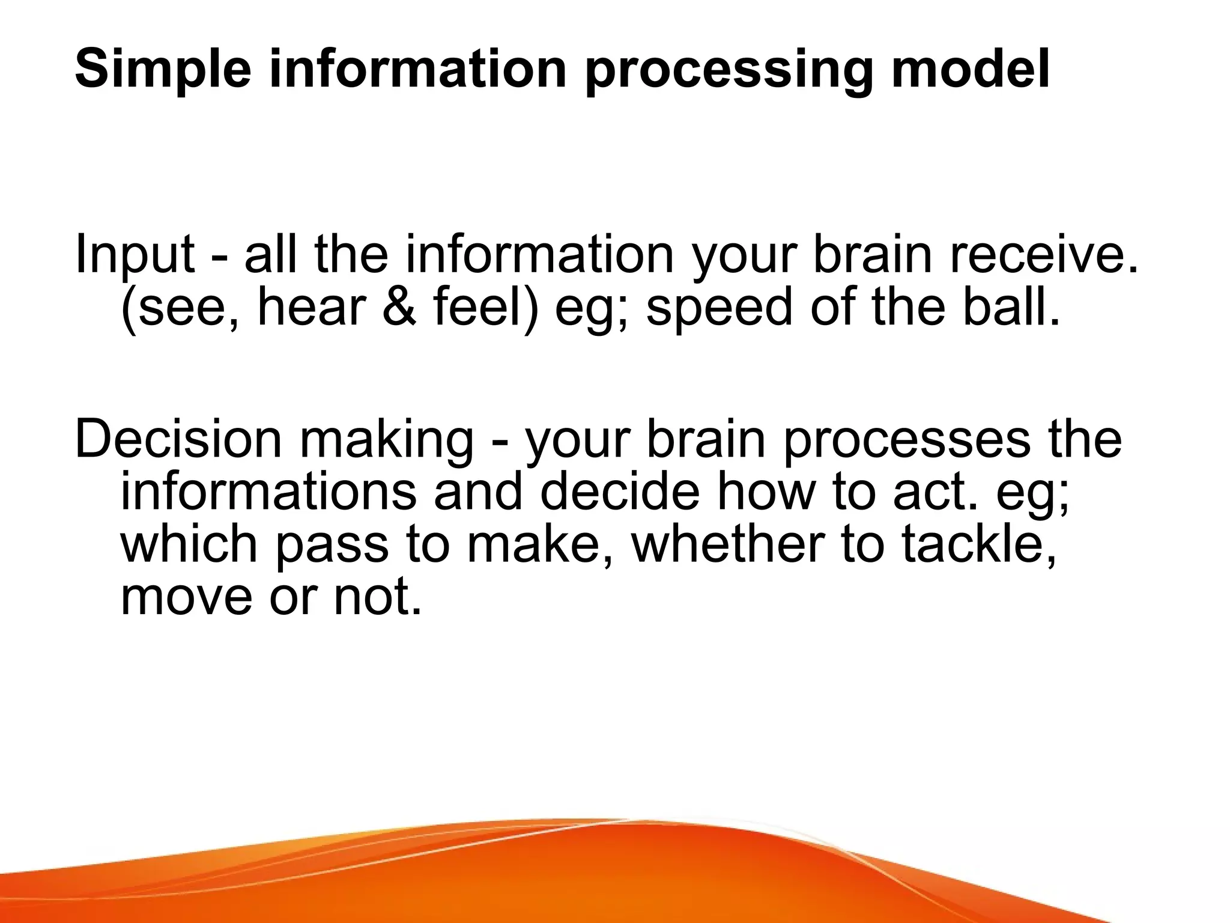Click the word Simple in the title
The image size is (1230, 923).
[163, 70]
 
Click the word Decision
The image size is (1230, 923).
[178, 439]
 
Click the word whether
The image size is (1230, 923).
[727, 543]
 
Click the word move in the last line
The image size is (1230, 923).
[186, 597]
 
